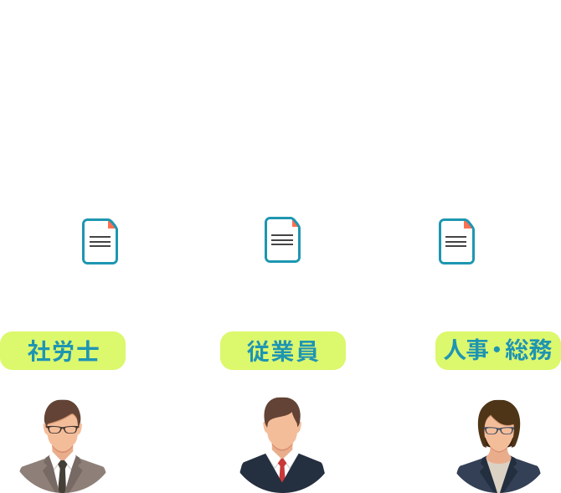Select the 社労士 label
[x=64, y=352]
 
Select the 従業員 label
[x=282, y=352]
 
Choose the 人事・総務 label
[x=497, y=352]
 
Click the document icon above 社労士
[x=100, y=241]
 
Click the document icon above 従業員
[x=282, y=239]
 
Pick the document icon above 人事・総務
[x=455, y=241]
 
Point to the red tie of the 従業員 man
[x=282, y=470]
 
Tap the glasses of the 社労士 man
[x=63, y=429]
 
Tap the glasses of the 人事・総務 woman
[x=499, y=430]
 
